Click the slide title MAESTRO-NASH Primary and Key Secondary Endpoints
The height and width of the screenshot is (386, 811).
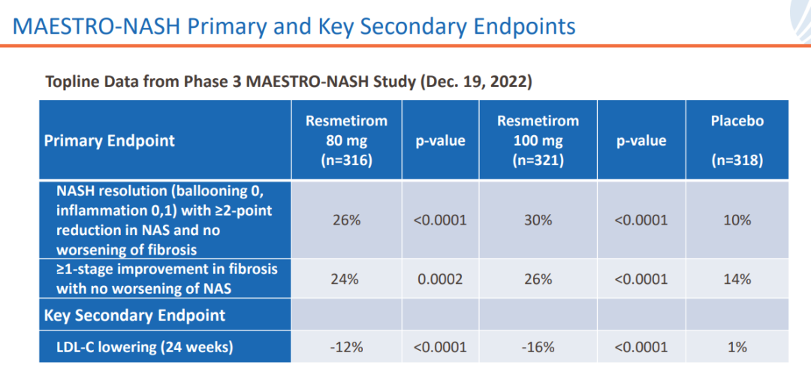point(294,26)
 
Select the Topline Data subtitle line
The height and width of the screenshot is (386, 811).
point(289,82)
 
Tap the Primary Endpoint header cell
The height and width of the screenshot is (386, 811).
point(110,140)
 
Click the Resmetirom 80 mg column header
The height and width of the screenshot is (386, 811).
point(346,140)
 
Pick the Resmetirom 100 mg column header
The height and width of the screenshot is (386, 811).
point(538,140)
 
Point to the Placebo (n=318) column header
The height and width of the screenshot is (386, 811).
point(737,140)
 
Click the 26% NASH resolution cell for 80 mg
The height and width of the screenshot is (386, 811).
point(345,220)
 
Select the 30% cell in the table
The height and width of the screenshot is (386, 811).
point(538,220)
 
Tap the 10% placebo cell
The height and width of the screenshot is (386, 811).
point(737,220)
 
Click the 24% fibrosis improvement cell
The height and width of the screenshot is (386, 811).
point(345,279)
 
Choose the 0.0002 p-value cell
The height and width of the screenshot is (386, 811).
point(440,279)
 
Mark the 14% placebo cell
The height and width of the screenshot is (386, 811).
point(737,279)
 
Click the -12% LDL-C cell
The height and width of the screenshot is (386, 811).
point(345,347)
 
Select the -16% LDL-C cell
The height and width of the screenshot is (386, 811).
point(538,347)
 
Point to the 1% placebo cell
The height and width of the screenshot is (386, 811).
point(737,347)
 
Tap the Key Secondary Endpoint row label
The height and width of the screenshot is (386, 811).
point(135,315)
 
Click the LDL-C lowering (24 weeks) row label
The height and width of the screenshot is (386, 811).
point(145,347)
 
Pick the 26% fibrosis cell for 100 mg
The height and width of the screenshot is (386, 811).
point(538,279)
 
